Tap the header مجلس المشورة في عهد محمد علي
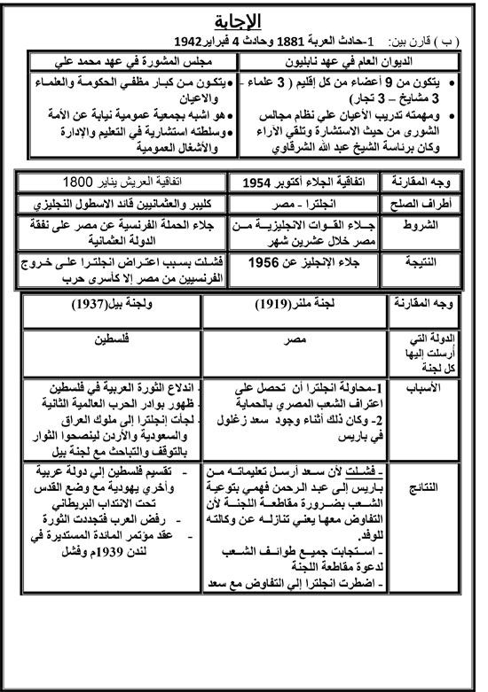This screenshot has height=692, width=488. (x=129, y=62)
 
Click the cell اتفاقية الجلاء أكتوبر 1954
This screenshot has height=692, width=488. (x=304, y=183)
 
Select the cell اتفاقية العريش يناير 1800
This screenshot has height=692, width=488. (x=124, y=183)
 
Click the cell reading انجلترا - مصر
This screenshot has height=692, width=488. (x=304, y=205)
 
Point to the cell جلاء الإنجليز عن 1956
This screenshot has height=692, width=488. (x=304, y=263)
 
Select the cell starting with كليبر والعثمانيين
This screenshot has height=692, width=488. (x=124, y=205)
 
